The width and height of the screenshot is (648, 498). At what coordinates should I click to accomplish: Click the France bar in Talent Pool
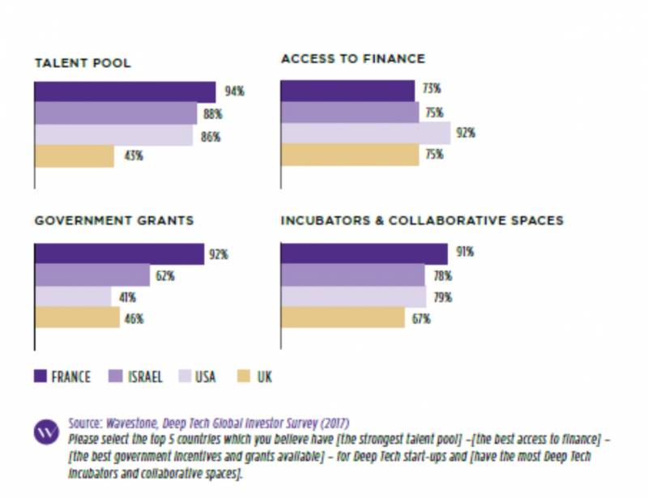(125, 92)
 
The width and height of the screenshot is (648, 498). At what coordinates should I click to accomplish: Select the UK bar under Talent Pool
(74, 155)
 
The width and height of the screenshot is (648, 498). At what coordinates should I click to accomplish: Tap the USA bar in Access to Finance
(364, 133)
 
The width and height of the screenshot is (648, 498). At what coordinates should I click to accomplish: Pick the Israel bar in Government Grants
(92, 275)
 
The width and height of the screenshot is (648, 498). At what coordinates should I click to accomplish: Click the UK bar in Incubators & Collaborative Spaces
(342, 318)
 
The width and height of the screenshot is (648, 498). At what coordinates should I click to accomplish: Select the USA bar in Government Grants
(72, 296)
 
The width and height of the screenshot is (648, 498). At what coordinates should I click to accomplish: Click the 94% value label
(234, 92)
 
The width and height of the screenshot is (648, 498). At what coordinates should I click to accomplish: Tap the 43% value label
(133, 155)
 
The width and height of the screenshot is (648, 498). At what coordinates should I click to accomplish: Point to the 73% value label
(432, 89)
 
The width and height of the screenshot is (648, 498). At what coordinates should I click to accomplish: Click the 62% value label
(166, 276)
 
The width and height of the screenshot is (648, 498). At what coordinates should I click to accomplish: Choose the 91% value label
(464, 253)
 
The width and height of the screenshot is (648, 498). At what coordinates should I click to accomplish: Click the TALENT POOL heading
(82, 63)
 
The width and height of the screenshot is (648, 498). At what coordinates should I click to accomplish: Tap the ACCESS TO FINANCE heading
(352, 59)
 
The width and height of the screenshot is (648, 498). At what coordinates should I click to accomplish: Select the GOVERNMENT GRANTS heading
(114, 220)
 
